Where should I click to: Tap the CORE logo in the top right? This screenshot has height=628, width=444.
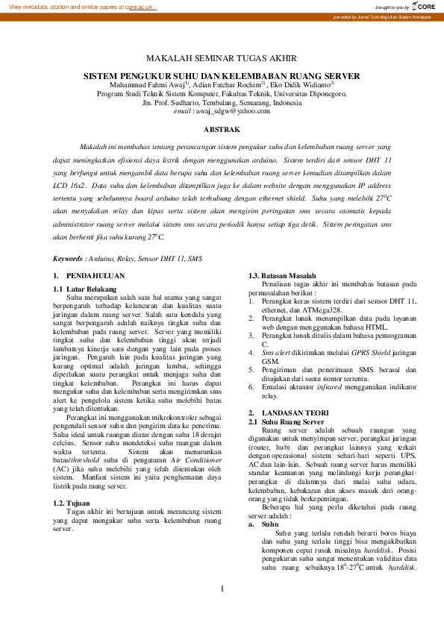pos(423,5)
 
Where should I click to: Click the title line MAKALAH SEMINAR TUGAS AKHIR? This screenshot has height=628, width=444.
pos(221,57)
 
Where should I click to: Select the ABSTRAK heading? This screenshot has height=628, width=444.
pos(222,129)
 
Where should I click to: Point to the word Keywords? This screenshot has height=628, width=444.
pos(68,258)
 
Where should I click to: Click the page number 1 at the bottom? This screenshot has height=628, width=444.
pos(222,589)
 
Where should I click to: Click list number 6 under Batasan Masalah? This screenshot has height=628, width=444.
pos(251,389)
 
